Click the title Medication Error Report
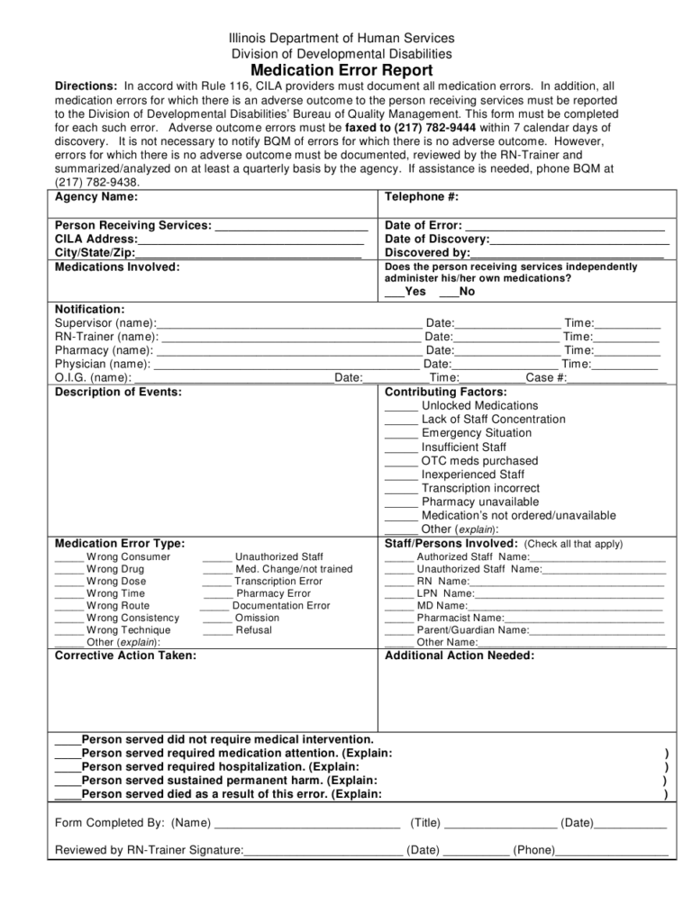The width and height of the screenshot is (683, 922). pos(341,70)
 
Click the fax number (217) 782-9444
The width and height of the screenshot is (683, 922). pos(426,128)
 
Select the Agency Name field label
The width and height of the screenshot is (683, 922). pos(96,196)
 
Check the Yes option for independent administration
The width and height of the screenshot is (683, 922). pos(395,293)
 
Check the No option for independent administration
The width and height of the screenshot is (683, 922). pos(448,293)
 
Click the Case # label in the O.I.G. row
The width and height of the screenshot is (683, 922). pos(546,378)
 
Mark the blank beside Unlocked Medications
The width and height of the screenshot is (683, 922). pos(401,407)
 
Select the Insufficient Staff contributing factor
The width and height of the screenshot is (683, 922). pos(463,447)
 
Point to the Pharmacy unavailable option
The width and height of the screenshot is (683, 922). pos(479,502)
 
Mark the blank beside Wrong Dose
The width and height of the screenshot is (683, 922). pos(68,583)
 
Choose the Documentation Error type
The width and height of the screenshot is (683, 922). pos(280,606)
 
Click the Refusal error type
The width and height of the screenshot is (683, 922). pos(253,630)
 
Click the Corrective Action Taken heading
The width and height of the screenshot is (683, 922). pos(125,655)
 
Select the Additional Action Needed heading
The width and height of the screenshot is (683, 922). pos(460,655)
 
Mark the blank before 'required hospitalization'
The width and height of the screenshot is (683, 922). pos(68,767)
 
